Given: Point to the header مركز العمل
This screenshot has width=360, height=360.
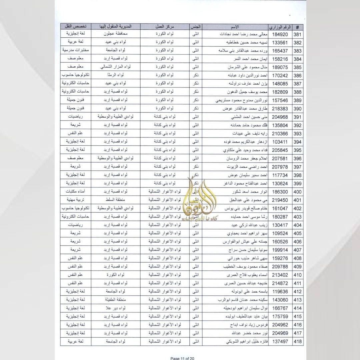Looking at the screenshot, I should coord(165,27).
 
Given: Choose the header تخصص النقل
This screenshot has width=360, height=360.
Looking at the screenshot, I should coord(75,27).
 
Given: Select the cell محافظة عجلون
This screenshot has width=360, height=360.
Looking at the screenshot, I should coord(116,34).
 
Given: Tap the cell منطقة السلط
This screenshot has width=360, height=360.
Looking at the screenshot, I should coord(116,200).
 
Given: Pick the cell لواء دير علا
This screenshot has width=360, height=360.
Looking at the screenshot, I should coord(116,308).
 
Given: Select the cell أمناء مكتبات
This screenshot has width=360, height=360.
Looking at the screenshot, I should coord(75,192).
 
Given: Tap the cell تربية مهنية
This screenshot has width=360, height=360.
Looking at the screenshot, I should coord(75,200).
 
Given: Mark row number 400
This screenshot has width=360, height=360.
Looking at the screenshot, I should coord(297,192).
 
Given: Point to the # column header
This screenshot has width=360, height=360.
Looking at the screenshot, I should coord(297,27).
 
